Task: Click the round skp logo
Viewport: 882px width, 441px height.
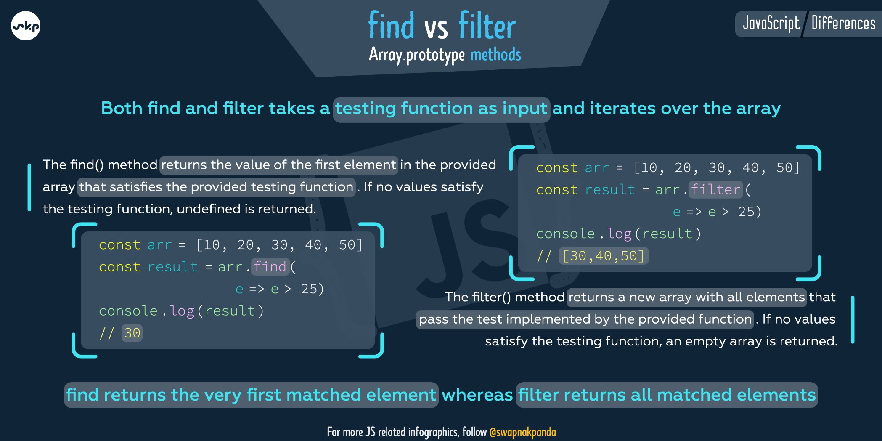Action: coord(26,26)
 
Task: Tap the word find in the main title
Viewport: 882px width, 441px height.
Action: coord(391,26)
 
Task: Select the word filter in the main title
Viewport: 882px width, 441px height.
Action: coord(487,26)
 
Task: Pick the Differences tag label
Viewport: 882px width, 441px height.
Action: coord(843,24)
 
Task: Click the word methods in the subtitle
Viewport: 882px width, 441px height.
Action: coord(495,55)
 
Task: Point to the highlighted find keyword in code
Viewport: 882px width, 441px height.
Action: coord(270,267)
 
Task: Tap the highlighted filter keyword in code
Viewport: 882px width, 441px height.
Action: coord(715,190)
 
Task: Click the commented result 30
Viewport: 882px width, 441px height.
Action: coord(132,333)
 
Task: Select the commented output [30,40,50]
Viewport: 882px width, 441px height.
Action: coord(603,256)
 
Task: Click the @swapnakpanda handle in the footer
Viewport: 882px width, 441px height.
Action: coord(522,432)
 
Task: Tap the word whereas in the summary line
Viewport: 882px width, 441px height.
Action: coord(477,395)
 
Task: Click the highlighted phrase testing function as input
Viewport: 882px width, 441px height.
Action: coord(441,109)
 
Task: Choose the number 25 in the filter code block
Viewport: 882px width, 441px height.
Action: coord(747,212)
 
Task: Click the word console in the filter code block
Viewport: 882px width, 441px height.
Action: coord(565,234)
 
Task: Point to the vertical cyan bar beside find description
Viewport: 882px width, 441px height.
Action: coord(29,187)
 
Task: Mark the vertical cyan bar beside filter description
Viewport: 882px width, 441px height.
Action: coord(853,320)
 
